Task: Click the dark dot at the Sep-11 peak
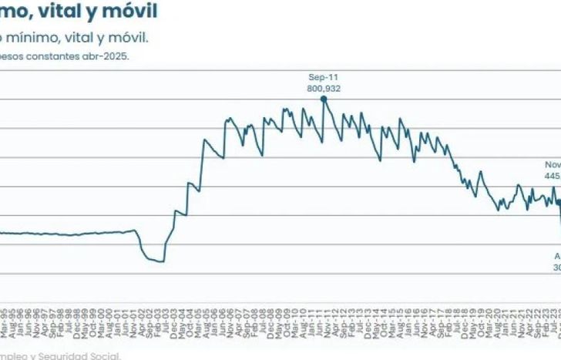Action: [324, 99]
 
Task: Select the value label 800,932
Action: [324, 89]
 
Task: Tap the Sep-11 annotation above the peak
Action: [324, 78]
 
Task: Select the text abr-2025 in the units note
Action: [109, 56]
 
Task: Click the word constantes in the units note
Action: [55, 56]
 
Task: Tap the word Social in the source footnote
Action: [103, 356]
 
